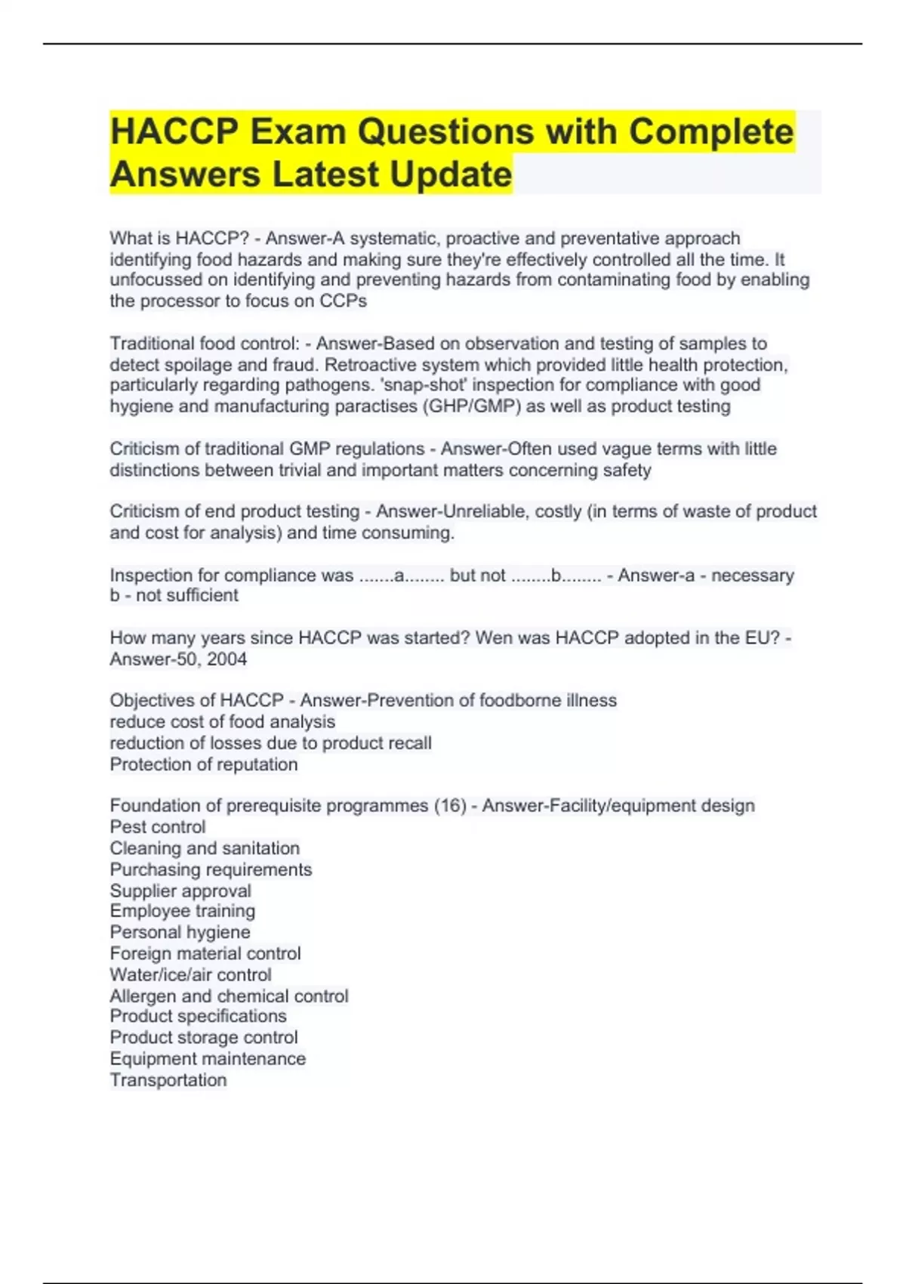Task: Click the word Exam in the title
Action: [297, 131]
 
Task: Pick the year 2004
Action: [227, 659]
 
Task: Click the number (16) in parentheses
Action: [450, 806]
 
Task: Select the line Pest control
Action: [157, 827]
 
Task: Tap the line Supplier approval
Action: [180, 891]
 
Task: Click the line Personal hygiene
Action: [180, 932]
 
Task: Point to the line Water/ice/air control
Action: [190, 975]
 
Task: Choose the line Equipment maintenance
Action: [208, 1059]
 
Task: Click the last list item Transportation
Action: [168, 1080]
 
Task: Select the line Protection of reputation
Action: [203, 764]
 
